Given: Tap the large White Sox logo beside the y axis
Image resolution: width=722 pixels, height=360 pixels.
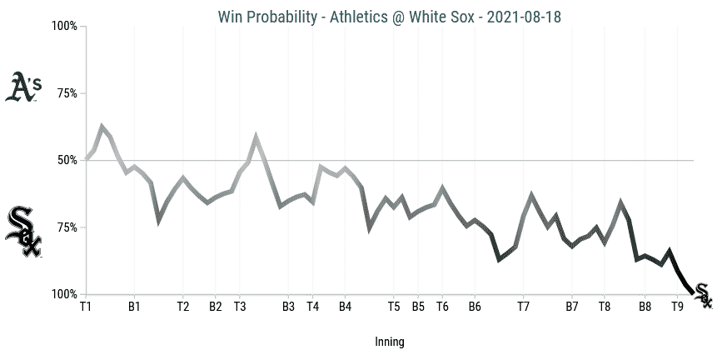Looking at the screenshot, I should point(23,231).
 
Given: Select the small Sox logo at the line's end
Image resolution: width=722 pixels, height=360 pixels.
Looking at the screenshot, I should point(703,296).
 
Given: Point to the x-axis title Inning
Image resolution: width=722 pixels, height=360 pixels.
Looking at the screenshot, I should point(389,341).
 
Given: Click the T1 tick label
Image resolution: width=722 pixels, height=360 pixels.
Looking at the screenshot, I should point(85,307).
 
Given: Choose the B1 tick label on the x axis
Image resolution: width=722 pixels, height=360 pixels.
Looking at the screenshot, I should point(134,307).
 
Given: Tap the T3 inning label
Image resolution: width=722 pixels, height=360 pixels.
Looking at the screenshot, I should point(240,307).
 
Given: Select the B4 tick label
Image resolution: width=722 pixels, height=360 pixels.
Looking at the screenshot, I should point(345,307).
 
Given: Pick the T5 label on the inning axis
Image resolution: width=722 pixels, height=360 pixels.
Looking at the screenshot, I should point(394,307).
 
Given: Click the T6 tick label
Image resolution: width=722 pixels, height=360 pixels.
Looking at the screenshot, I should point(442,307).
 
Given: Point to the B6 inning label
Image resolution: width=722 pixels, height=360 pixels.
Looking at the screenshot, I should point(475,307).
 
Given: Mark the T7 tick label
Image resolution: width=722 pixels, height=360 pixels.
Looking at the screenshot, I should point(523,307).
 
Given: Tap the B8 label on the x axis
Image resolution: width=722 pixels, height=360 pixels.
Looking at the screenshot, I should point(645,307).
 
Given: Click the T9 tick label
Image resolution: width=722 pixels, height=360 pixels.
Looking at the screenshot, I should point(678,307).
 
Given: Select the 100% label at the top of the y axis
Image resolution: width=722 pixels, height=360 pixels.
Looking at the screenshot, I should point(64,26).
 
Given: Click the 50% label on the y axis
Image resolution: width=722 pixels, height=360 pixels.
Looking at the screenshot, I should point(67,160).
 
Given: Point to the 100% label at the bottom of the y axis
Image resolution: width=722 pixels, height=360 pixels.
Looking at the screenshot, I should point(64,294).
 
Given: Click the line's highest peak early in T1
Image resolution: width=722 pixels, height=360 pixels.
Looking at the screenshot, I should point(102,127).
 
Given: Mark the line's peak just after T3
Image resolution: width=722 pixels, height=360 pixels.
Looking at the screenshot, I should point(256,136).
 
